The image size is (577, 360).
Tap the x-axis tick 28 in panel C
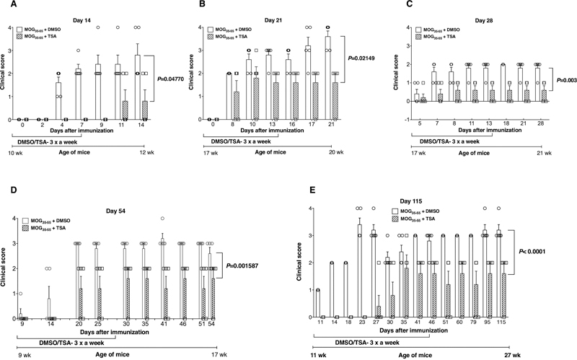pyautogui.click(x=538, y=110)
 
